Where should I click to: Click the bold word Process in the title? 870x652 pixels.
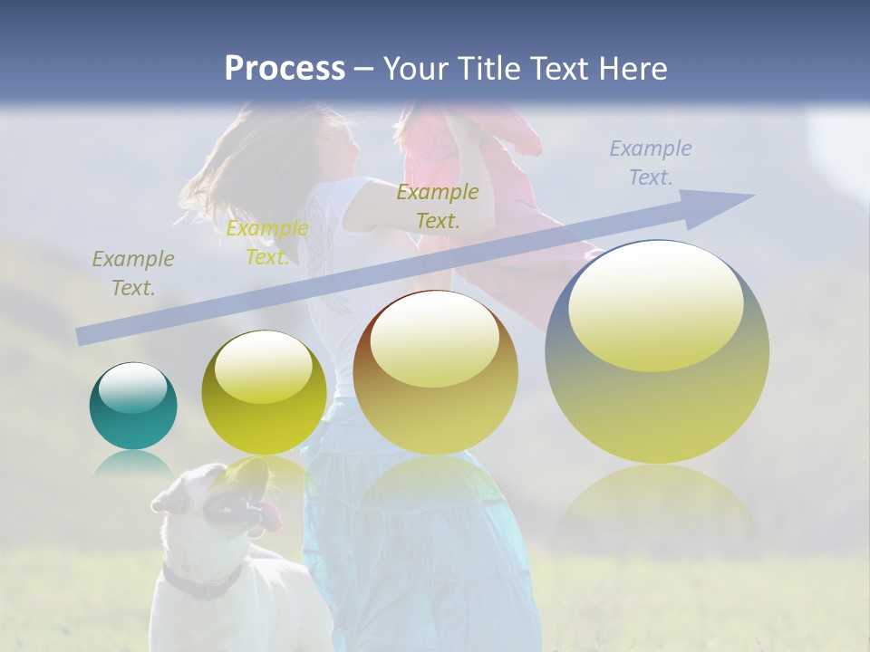click(x=285, y=69)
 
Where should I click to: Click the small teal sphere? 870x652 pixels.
click(x=133, y=407)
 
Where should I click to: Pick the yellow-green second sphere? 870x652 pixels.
click(x=264, y=393)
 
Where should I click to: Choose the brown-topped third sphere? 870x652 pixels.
click(x=435, y=372)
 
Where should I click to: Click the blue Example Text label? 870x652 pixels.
click(x=650, y=163)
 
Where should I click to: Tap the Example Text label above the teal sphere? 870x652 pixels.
click(x=133, y=273)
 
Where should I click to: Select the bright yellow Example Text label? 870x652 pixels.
click(x=267, y=243)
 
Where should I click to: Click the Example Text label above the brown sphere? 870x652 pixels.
click(x=438, y=206)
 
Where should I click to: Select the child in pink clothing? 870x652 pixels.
click(x=489, y=181)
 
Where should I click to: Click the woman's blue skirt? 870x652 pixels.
click(x=417, y=552)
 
